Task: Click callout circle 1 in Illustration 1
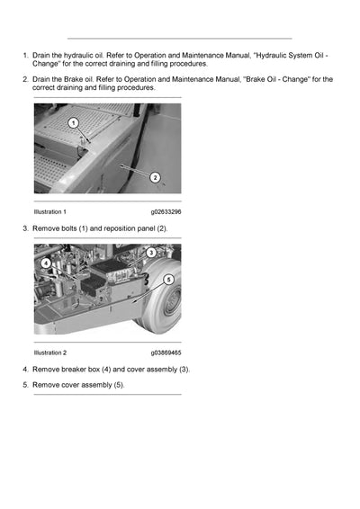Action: point(74,121)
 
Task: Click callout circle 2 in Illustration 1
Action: point(155,177)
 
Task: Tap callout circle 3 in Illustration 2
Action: point(151,253)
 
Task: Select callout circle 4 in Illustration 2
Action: point(46,263)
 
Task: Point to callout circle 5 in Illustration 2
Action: point(168,280)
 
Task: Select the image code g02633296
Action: point(166,211)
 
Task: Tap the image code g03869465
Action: point(166,353)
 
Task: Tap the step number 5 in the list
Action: point(24,385)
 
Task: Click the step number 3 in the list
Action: point(24,228)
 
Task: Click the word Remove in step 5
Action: point(46,385)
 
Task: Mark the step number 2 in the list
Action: point(24,80)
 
